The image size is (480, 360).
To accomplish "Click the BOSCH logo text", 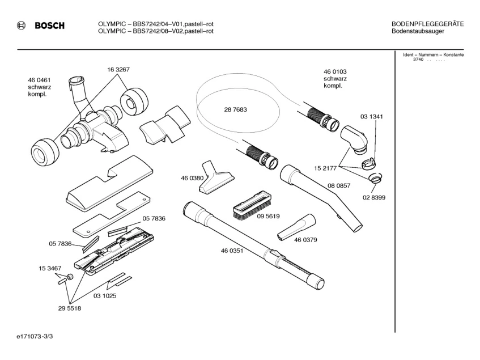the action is click(x=50, y=26).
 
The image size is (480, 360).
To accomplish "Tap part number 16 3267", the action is click(x=118, y=70).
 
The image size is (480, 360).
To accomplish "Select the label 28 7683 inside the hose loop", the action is click(x=235, y=109).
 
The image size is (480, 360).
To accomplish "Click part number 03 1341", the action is click(x=372, y=117).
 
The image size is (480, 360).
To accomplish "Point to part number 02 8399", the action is click(x=374, y=197).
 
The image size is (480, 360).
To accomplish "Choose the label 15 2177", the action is click(x=325, y=168).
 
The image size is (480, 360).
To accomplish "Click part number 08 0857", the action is click(x=339, y=185).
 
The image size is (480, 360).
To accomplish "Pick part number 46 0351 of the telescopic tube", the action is click(x=232, y=251).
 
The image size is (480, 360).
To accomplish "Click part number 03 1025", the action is click(x=105, y=296).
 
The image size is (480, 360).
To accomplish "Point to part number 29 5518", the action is click(x=70, y=308).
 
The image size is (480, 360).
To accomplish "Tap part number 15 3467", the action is click(x=50, y=268).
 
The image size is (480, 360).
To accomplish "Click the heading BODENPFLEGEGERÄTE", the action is click(x=428, y=24).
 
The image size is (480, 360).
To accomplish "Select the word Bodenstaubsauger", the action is click(x=418, y=31).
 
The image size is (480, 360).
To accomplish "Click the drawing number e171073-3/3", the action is click(x=35, y=336).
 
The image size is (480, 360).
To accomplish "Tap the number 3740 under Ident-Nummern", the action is click(x=418, y=60).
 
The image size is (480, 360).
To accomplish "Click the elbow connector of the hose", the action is click(x=355, y=139).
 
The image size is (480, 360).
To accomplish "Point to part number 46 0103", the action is click(x=335, y=71).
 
